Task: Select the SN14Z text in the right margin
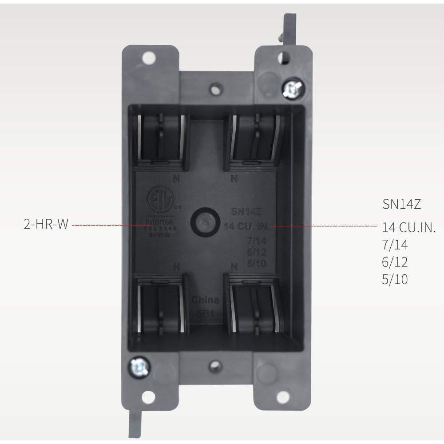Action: coord(401,204)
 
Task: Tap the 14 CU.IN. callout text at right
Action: coord(409,228)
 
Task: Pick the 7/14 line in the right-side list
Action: coord(395,245)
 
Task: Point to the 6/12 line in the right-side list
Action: coord(395,262)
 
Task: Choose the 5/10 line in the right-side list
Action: coord(395,279)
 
